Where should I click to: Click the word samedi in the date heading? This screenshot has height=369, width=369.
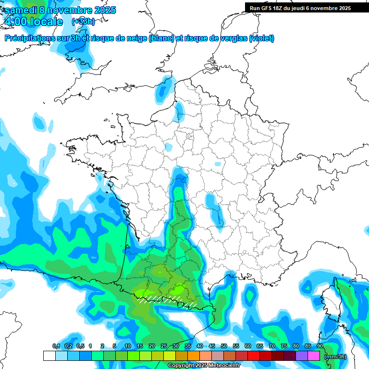point(21,10)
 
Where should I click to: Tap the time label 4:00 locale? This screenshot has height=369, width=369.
point(33,22)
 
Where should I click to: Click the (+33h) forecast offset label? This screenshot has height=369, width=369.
point(83,22)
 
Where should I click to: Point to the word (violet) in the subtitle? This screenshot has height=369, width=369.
point(261,38)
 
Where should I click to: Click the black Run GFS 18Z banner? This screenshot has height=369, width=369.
point(300,8)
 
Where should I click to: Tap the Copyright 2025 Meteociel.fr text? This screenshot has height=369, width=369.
point(198,366)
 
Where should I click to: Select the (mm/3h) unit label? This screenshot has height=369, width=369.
point(335,357)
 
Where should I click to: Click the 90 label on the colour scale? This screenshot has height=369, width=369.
point(320,346)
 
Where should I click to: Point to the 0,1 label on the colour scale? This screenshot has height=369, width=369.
point(56,346)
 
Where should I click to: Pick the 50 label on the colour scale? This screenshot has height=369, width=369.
point(224,346)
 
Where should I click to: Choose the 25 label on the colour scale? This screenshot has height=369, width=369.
point(164,346)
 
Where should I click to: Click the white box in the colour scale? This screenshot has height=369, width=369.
point(49,356)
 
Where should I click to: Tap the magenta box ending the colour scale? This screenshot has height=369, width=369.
point(314,356)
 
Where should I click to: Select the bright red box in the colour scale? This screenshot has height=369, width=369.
point(254,356)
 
